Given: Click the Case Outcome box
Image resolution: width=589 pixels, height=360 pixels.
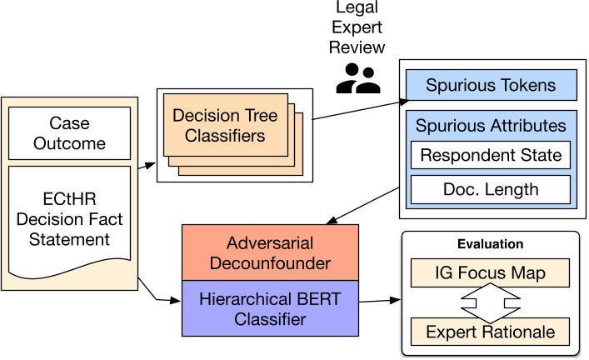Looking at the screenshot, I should tap(77, 133).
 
